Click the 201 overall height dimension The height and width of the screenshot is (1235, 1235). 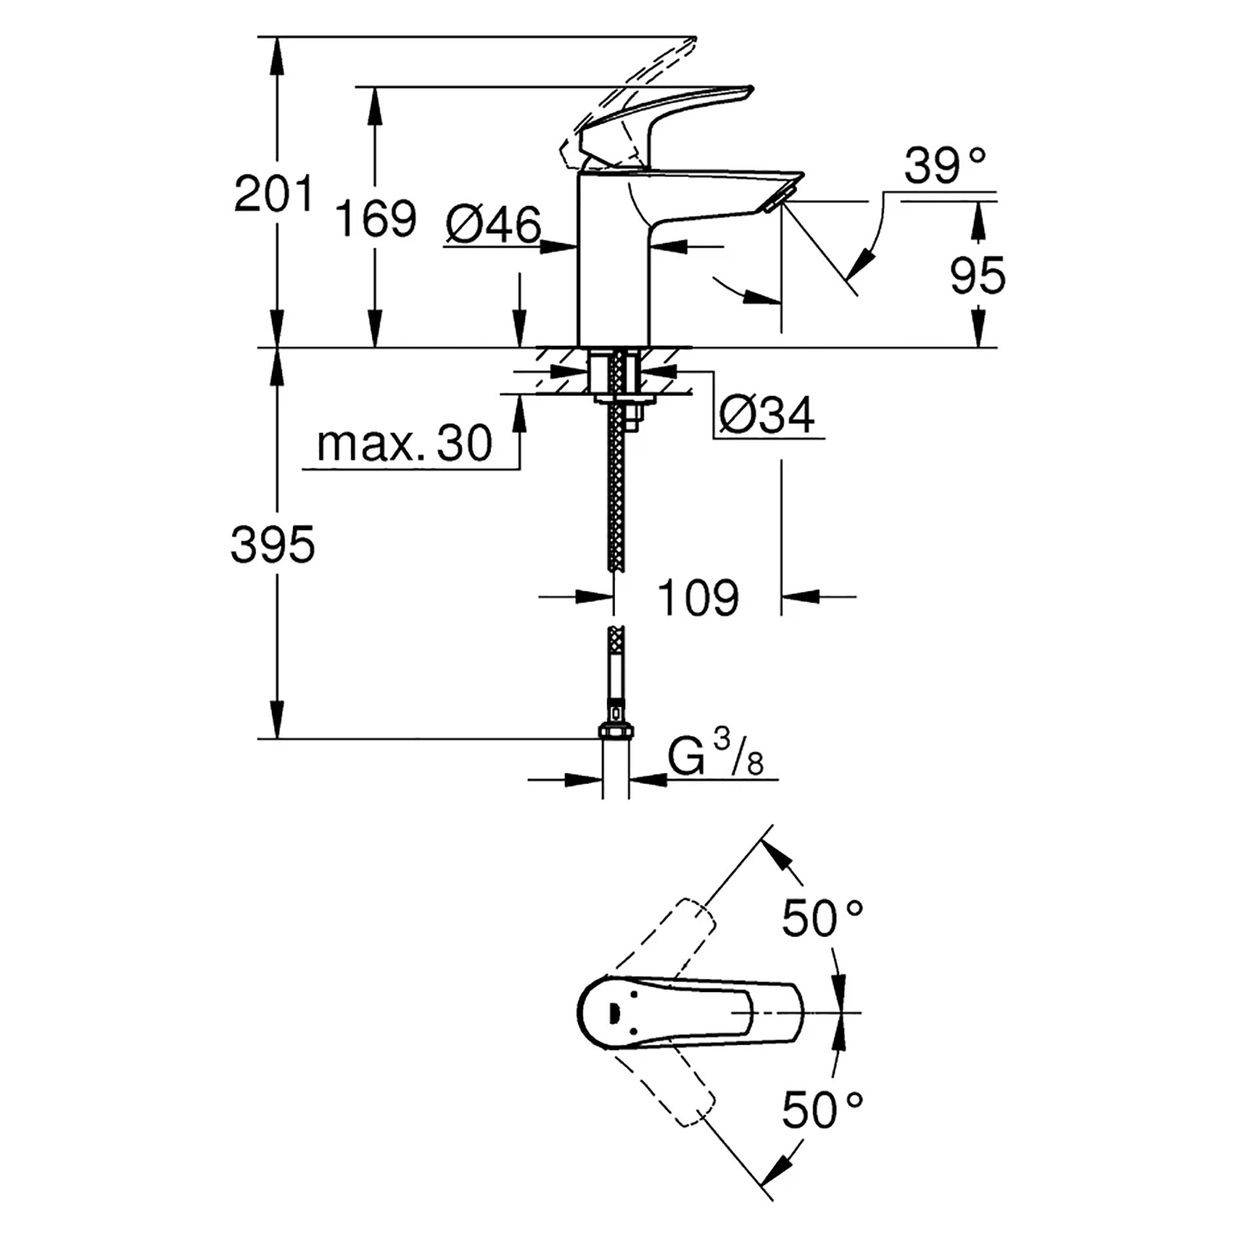click(x=273, y=194)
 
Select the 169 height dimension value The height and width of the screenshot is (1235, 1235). click(x=376, y=219)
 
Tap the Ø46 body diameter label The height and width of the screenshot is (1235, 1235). click(x=494, y=224)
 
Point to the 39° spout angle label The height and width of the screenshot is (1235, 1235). click(x=945, y=166)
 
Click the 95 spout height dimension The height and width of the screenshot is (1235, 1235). click(x=978, y=275)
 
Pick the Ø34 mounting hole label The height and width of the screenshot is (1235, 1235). click(x=767, y=415)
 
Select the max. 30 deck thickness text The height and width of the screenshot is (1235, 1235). click(x=404, y=444)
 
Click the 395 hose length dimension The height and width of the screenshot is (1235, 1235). click(x=273, y=545)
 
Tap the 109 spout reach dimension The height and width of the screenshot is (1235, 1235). click(x=697, y=597)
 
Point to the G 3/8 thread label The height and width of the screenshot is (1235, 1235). click(x=715, y=758)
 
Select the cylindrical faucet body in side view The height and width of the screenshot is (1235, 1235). click(x=613, y=263)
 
